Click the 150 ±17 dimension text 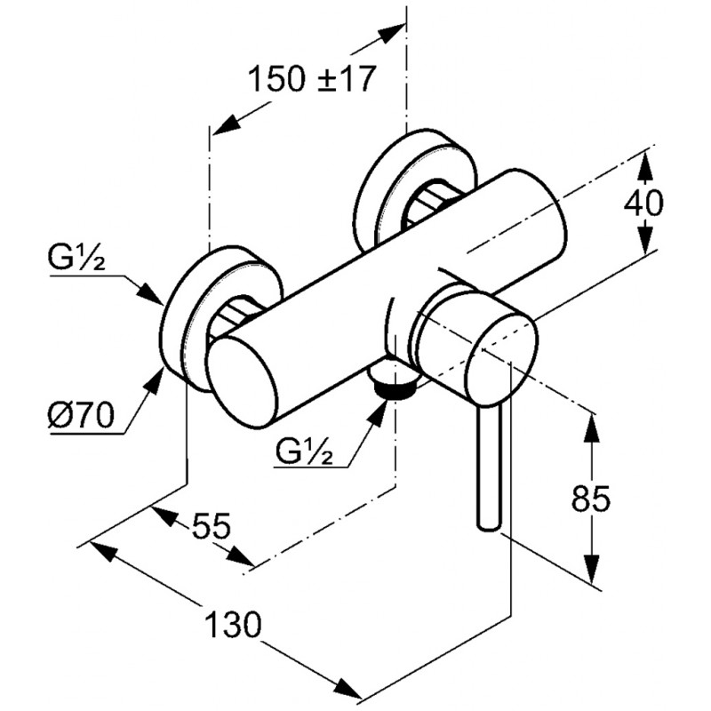(x=310, y=81)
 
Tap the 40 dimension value (x=643, y=204)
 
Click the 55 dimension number (x=209, y=527)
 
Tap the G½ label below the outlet (x=305, y=454)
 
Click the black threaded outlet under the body (x=396, y=385)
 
